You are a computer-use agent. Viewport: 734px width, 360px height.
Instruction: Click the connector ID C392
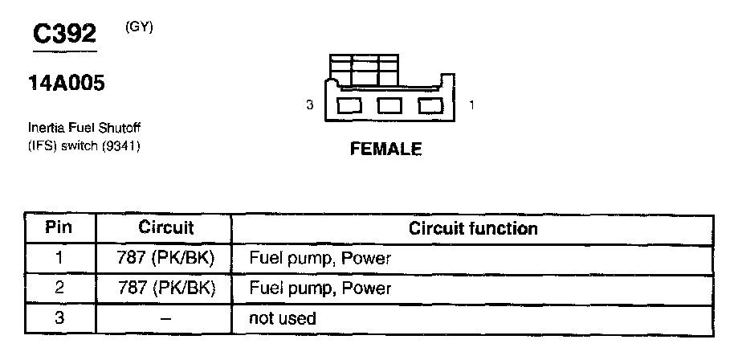(x=63, y=34)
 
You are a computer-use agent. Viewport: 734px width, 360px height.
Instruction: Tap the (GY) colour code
(x=139, y=27)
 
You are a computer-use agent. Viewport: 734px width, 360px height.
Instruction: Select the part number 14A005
(x=67, y=84)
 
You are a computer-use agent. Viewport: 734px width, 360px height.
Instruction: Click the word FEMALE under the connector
(x=385, y=150)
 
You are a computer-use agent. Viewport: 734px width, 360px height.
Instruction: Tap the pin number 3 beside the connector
(x=309, y=105)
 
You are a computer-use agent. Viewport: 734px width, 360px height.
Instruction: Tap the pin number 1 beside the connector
(x=471, y=105)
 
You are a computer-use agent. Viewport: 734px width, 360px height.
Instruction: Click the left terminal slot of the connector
(x=349, y=105)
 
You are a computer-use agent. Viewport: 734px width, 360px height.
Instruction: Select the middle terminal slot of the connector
(x=389, y=105)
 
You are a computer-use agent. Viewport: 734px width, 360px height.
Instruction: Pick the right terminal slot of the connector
(x=430, y=105)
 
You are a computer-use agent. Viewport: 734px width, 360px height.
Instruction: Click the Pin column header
(x=59, y=227)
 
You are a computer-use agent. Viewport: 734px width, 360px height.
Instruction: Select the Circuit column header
(x=165, y=227)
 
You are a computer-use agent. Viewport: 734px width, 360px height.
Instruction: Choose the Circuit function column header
(x=473, y=228)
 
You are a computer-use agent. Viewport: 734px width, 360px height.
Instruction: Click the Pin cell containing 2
(x=59, y=288)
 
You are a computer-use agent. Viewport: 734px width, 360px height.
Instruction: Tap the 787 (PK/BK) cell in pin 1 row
(x=165, y=258)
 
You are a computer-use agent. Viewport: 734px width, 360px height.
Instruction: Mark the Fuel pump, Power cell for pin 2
(x=320, y=288)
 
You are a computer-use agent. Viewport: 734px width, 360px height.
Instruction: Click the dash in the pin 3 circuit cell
(x=165, y=318)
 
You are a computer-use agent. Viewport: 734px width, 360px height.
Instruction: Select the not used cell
(x=283, y=318)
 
